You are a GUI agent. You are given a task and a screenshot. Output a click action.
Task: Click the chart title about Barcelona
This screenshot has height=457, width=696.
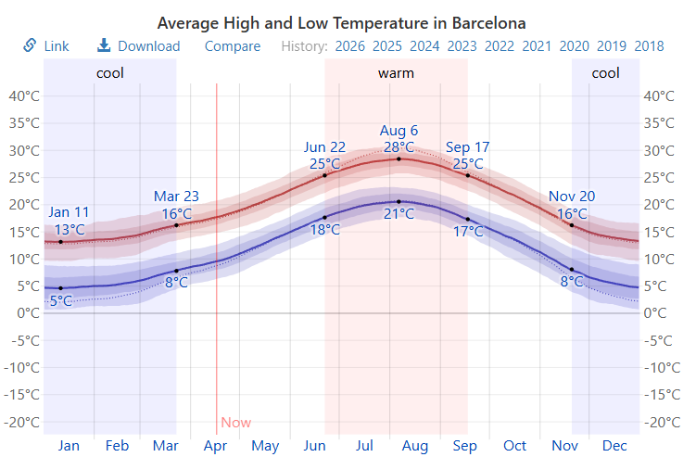(x=341, y=22)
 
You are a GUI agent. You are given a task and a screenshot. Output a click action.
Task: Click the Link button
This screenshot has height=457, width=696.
(x=46, y=45)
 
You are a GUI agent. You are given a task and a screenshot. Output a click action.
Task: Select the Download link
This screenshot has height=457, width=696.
(x=139, y=45)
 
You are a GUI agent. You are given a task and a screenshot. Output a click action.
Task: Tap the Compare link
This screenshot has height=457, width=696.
(x=233, y=45)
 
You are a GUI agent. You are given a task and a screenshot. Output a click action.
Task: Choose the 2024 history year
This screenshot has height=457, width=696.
(x=424, y=45)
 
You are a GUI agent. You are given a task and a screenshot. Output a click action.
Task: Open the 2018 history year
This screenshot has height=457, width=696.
(x=649, y=45)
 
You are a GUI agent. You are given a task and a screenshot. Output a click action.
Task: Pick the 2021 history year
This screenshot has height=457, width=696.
(x=537, y=45)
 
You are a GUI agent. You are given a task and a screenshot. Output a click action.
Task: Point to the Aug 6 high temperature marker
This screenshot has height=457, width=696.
(x=399, y=159)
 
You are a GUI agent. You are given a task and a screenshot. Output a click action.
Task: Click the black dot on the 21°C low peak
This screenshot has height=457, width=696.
(x=399, y=201)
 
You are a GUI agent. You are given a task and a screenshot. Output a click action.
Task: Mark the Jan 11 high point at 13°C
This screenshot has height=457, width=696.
(x=61, y=242)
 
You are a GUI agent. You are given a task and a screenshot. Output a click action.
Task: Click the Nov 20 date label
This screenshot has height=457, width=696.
(x=572, y=196)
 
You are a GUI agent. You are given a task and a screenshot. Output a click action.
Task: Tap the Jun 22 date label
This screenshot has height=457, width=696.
(x=324, y=146)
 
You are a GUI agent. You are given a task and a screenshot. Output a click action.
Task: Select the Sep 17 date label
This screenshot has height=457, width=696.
(x=467, y=146)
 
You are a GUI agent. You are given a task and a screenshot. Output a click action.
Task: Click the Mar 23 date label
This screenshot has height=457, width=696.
(x=176, y=196)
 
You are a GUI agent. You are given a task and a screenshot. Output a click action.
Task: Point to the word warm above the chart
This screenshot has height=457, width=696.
(x=396, y=72)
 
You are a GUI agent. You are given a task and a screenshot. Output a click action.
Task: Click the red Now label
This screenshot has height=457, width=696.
(x=236, y=423)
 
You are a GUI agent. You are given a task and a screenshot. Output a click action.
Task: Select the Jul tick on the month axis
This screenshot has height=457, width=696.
(x=364, y=446)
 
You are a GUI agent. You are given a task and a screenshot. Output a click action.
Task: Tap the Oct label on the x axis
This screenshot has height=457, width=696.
(x=514, y=446)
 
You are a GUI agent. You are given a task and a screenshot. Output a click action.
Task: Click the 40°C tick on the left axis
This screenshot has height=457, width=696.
(x=23, y=95)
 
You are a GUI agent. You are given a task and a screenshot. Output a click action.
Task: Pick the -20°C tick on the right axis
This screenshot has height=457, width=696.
(x=659, y=422)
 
